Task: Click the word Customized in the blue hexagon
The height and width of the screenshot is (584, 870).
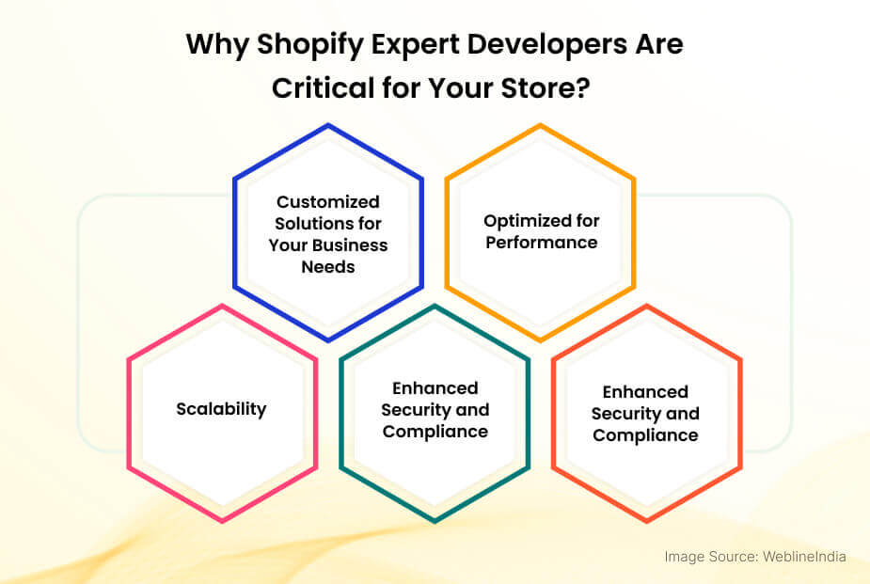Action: point(328,202)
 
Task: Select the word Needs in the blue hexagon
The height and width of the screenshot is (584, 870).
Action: point(328,267)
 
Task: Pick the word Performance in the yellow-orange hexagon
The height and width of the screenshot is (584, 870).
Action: point(541,243)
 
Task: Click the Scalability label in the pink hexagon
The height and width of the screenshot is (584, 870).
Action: point(221,409)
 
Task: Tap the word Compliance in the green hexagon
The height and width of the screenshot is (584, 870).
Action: point(435,432)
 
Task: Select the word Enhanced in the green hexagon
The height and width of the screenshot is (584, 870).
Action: point(435,388)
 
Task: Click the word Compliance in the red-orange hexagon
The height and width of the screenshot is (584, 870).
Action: point(645,435)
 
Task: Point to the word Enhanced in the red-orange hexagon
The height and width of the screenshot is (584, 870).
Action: point(645,392)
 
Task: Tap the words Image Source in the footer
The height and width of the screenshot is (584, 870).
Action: point(705,557)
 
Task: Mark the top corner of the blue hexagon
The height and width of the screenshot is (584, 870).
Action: point(328,124)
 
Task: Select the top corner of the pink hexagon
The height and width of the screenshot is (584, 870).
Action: point(222,305)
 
